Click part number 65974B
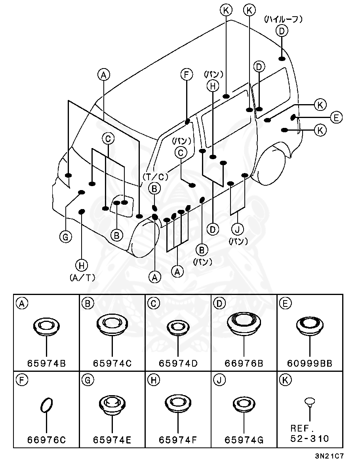46,363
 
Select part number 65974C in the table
112,363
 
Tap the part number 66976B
244,363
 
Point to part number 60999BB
310,363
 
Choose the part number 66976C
46,439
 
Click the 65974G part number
244,439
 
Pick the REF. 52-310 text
310,434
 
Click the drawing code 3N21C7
329,456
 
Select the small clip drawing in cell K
310,403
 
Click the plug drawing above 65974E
112,405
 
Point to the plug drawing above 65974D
178,327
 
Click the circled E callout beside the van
336,117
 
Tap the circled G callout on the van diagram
65,237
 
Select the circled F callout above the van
186,74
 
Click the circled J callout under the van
238,229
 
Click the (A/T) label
82,278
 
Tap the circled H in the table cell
153,380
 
